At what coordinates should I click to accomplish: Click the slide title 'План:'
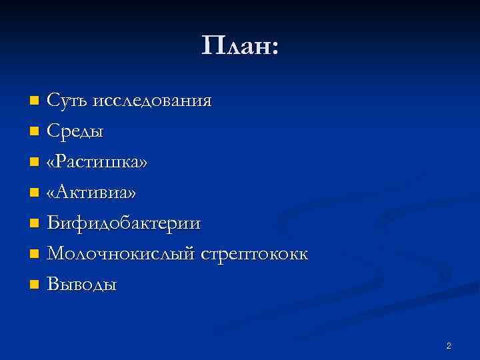tap(240, 46)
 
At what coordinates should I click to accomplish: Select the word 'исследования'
tap(153, 101)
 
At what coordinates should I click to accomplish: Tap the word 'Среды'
tap(75, 131)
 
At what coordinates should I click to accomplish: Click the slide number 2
tap(449, 345)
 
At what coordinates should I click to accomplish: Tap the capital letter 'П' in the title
tap(212, 46)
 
